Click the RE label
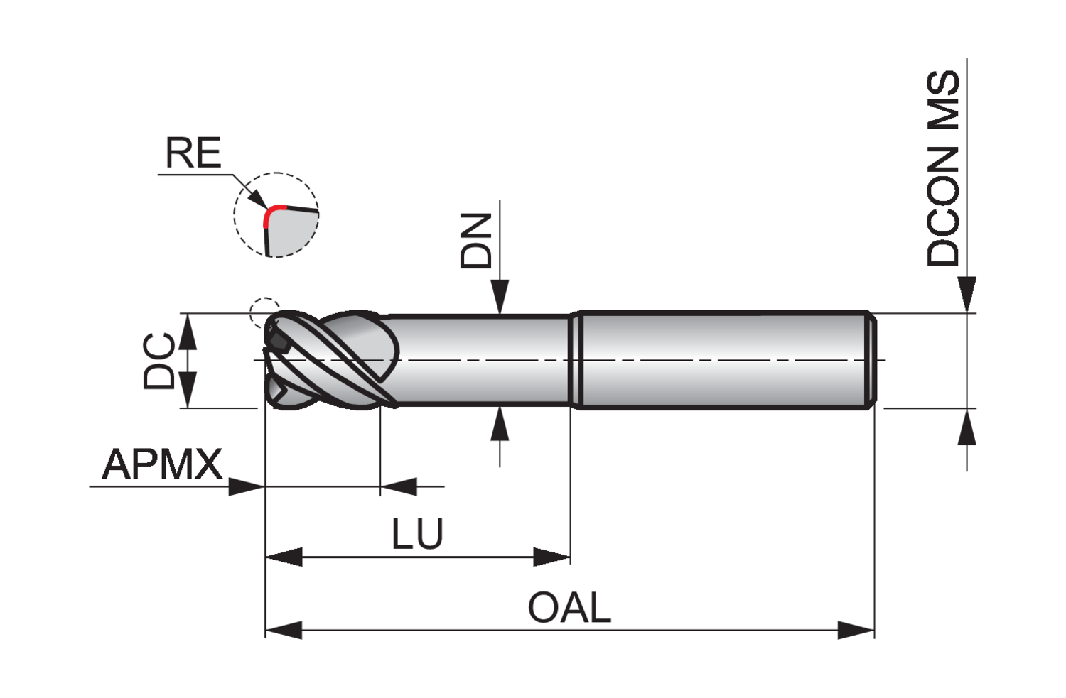pyautogui.click(x=193, y=153)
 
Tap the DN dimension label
pyautogui.click(x=476, y=241)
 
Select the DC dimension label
pyautogui.click(x=159, y=361)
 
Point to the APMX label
pyautogui.click(x=163, y=464)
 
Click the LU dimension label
pyautogui.click(x=417, y=534)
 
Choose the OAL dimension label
pyautogui.click(x=569, y=608)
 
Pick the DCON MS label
pyautogui.click(x=943, y=168)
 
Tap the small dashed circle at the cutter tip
pyautogui.click(x=264, y=312)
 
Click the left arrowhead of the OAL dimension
pyautogui.click(x=283, y=630)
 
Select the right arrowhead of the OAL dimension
pyautogui.click(x=856, y=630)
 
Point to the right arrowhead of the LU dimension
pyautogui.click(x=552, y=557)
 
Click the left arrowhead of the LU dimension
pyautogui.click(x=283, y=557)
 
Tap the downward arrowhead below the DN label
pyautogui.click(x=500, y=296)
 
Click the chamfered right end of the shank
pyautogui.click(x=871, y=361)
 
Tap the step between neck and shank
pyautogui.click(x=576, y=361)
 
